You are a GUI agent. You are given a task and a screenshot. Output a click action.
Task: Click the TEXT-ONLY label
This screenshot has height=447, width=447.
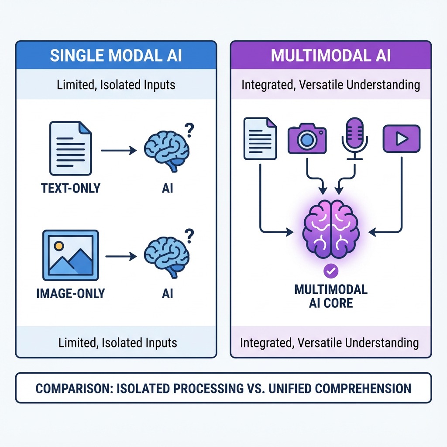(x=71, y=188)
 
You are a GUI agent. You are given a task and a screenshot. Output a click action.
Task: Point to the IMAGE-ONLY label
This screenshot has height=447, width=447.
(x=71, y=293)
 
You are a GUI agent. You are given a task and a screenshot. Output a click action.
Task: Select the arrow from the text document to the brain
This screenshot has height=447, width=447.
(x=119, y=151)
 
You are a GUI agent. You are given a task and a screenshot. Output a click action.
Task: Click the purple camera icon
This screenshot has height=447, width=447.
(x=307, y=139)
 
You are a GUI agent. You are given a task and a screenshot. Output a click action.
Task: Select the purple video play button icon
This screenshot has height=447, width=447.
(x=401, y=139)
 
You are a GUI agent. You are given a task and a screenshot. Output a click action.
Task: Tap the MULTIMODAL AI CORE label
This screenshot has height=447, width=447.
(x=330, y=296)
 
